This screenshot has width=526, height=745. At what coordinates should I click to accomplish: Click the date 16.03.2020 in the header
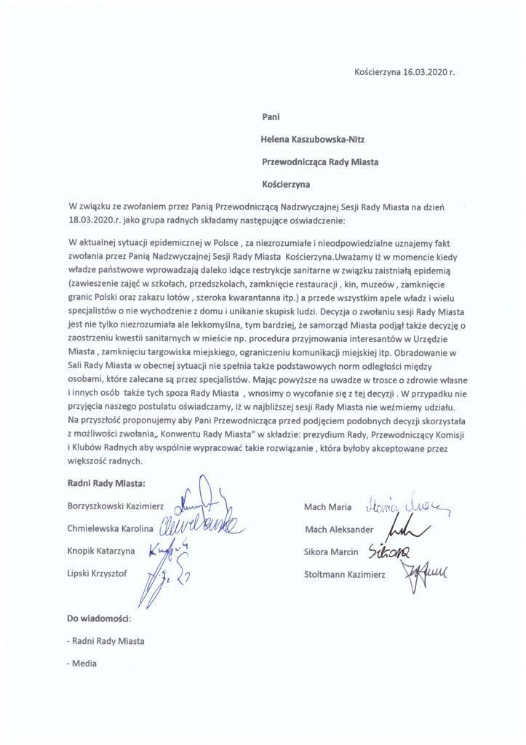point(426,73)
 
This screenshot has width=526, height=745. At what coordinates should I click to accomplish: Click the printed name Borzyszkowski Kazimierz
point(116,505)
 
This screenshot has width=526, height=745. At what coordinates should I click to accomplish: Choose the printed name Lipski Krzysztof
point(97,574)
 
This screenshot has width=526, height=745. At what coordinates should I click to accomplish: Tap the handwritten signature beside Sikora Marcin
point(390,551)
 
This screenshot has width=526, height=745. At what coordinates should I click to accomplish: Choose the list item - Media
point(81,664)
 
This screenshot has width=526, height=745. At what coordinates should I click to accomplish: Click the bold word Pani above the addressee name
point(271,115)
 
